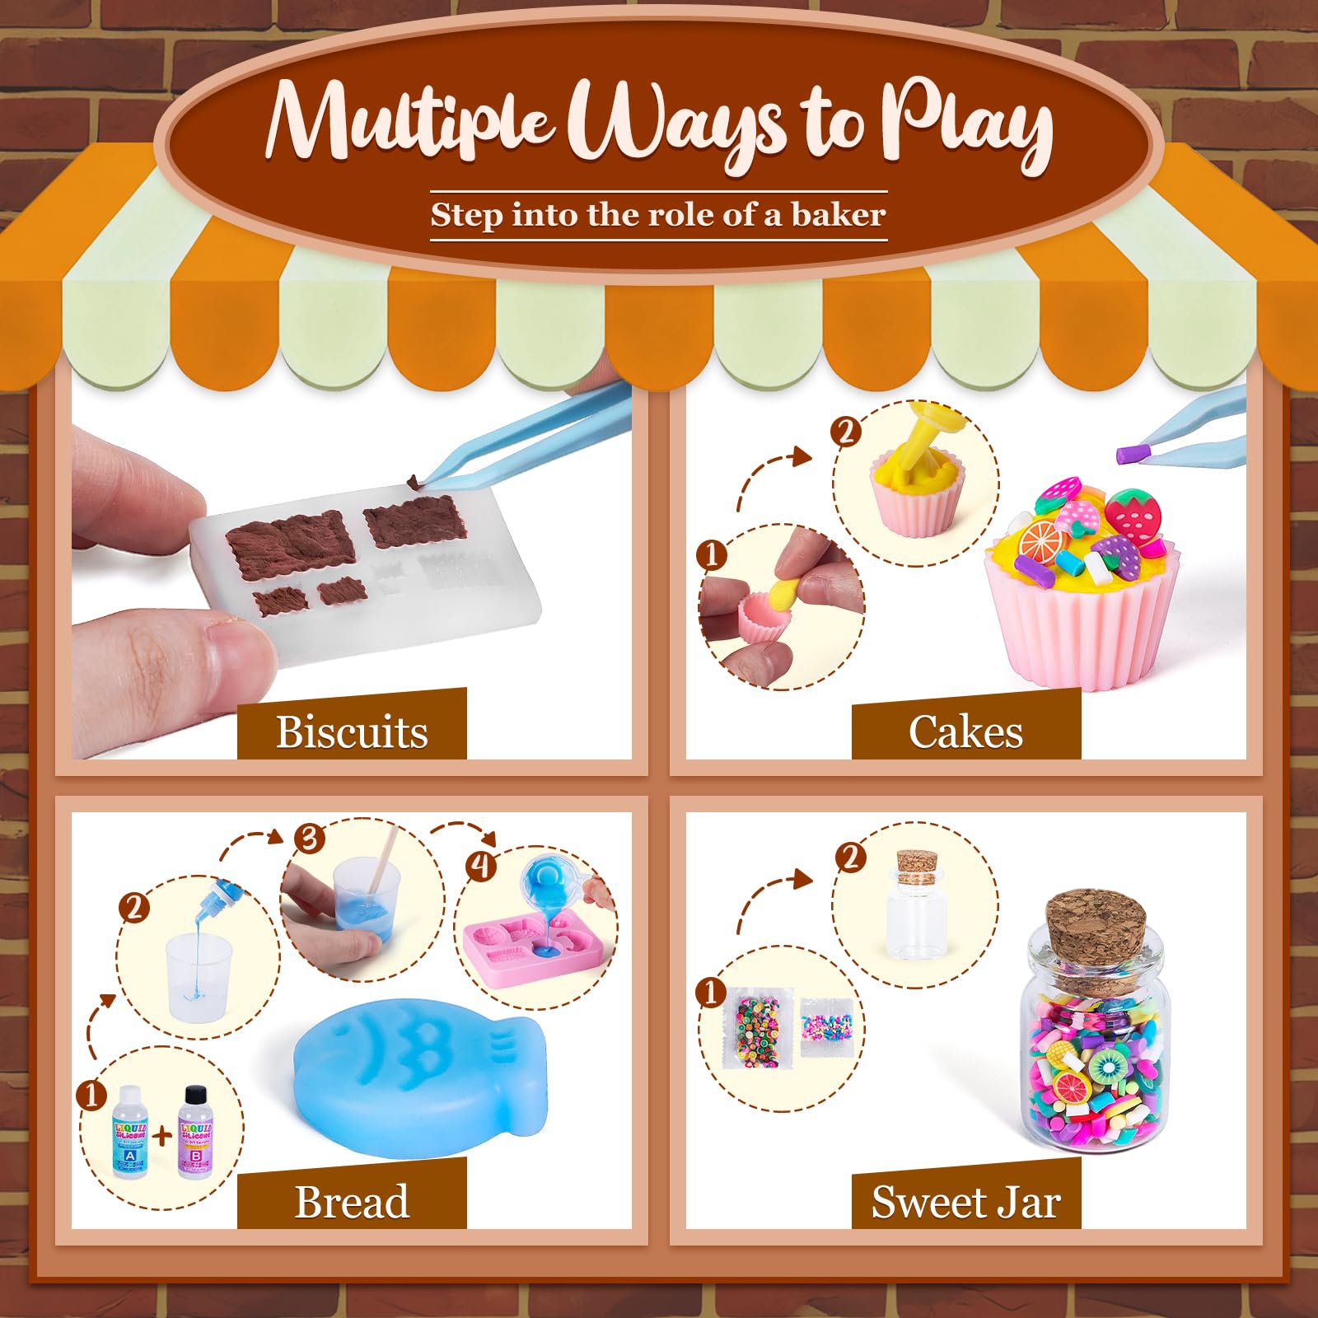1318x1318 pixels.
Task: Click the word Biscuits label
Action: coord(352,731)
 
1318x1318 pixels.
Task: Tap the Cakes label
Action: coord(965,731)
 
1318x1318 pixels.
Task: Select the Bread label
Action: coord(352,1201)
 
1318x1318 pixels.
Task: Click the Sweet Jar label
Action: coord(965,1201)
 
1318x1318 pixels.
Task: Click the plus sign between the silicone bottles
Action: coord(163,1135)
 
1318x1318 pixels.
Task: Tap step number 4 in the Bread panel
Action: coord(480,865)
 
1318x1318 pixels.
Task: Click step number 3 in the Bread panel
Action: coord(309,839)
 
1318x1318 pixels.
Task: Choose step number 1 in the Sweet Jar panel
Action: coord(711,992)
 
